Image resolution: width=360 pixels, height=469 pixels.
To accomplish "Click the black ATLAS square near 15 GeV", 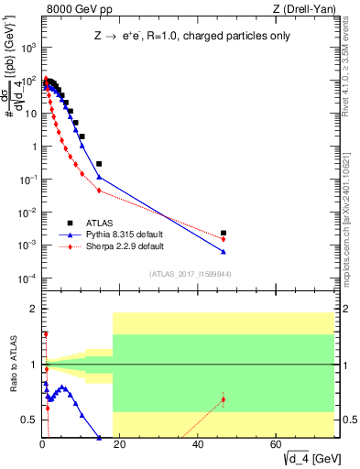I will tap(99, 164).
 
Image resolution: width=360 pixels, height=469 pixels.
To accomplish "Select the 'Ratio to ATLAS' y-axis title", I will tap(14, 366).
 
